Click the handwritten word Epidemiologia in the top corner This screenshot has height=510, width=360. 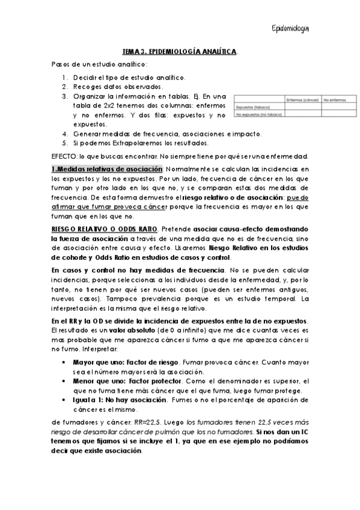coord(290,28)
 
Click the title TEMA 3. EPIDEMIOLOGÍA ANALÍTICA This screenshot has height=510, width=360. coord(180,52)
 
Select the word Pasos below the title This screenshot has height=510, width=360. coord(61,64)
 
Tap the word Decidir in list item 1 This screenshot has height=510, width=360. coord(85,78)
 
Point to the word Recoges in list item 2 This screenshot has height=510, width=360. coord(87,87)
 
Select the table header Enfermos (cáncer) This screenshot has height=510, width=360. coord(302,100)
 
